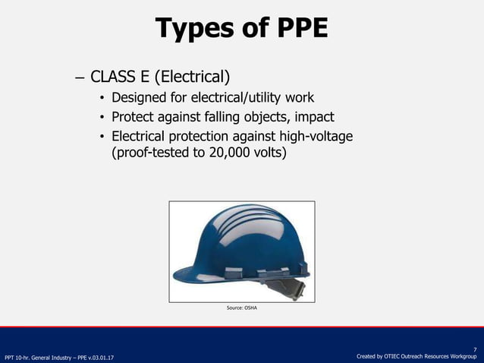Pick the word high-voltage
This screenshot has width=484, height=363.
pyautogui.click(x=313, y=136)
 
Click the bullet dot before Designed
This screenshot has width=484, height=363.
pyautogui.click(x=102, y=99)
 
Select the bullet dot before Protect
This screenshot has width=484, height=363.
pyautogui.click(x=102, y=118)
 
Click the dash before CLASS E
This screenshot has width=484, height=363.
pyautogui.click(x=80, y=77)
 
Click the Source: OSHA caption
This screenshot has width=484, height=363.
pyautogui.click(x=242, y=308)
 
